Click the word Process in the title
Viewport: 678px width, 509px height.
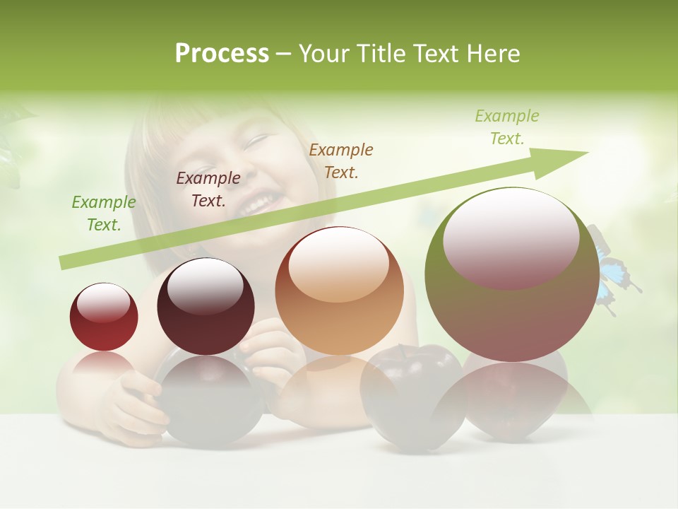tap(222, 53)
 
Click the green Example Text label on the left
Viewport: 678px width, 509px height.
tap(104, 213)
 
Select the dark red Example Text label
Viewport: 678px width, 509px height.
tap(208, 189)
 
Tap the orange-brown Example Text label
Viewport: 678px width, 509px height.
tap(341, 160)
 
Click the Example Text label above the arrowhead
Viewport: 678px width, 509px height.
tap(506, 127)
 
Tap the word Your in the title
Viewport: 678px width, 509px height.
tap(323, 53)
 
